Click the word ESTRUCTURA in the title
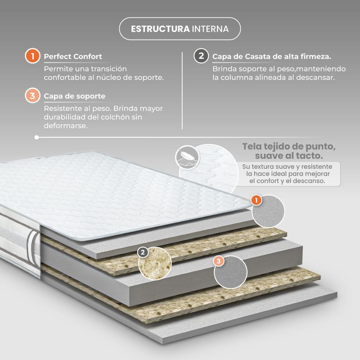[x=160, y=29]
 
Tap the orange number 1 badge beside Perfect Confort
[x=32, y=56]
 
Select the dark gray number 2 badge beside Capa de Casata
[x=201, y=56]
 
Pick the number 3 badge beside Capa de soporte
[x=32, y=95]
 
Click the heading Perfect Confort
[x=73, y=57]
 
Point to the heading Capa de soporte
[x=75, y=96]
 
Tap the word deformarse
[x=66, y=126]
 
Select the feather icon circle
[x=187, y=157]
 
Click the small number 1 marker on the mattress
[x=256, y=200]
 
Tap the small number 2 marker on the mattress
[x=143, y=252]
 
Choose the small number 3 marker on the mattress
[x=218, y=261]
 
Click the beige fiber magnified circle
[x=155, y=264]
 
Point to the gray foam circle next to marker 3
[x=230, y=272]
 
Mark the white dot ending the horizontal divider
[x=36, y=137]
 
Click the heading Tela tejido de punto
[x=289, y=151]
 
